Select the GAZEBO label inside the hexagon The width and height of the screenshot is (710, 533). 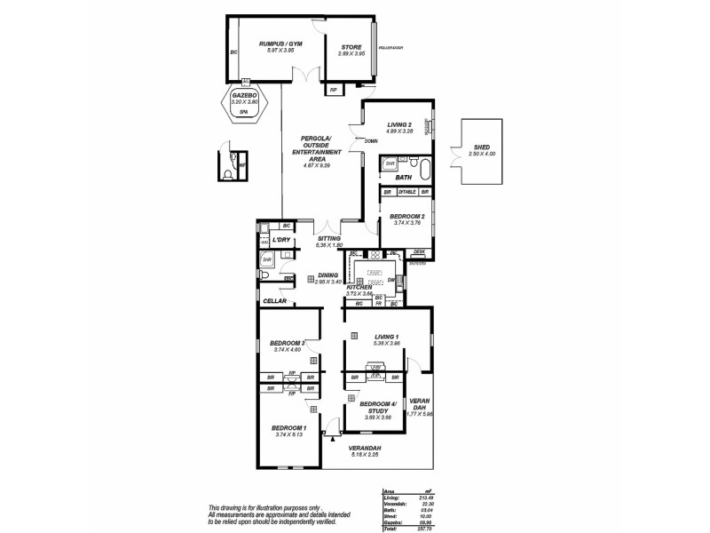[244, 94]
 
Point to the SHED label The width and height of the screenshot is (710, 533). [482, 147]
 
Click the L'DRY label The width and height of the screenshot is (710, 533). [282, 241]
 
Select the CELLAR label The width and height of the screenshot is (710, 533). [274, 301]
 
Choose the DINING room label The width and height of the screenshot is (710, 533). [328, 275]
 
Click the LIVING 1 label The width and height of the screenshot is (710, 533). [387, 337]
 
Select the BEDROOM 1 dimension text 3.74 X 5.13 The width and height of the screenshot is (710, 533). [289, 434]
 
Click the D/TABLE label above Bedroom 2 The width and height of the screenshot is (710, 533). [406, 192]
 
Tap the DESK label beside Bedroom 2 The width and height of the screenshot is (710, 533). [419, 251]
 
